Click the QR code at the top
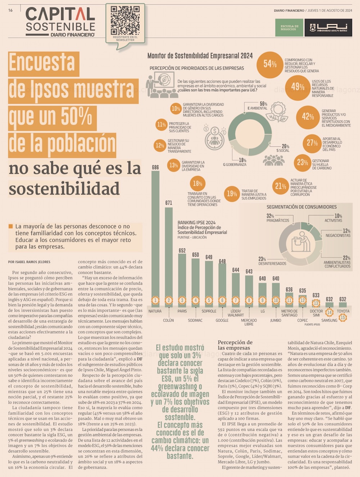coord(125,20)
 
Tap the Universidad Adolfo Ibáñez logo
coord(328,28)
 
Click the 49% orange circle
coord(298,87)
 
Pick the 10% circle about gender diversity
coord(176,108)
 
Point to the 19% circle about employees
coord(232,194)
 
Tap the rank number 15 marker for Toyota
coord(343,317)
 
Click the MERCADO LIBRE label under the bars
coord(249,322)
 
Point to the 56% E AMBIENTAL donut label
coord(258,106)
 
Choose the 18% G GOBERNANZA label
coord(235,162)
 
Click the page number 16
coord(10,10)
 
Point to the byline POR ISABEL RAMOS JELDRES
coord(29,262)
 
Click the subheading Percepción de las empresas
coord(235,345)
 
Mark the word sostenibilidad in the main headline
coord(64,189)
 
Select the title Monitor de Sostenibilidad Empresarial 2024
coord(200,56)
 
